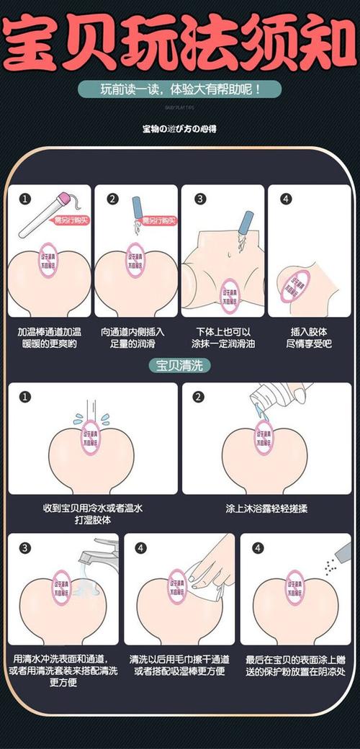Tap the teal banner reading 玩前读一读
click(180, 91)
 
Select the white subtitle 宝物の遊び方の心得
click(180, 129)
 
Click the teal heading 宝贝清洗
click(180, 364)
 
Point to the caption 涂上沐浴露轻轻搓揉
click(266, 508)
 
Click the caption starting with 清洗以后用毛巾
click(180, 665)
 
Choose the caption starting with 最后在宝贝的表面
click(296, 665)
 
